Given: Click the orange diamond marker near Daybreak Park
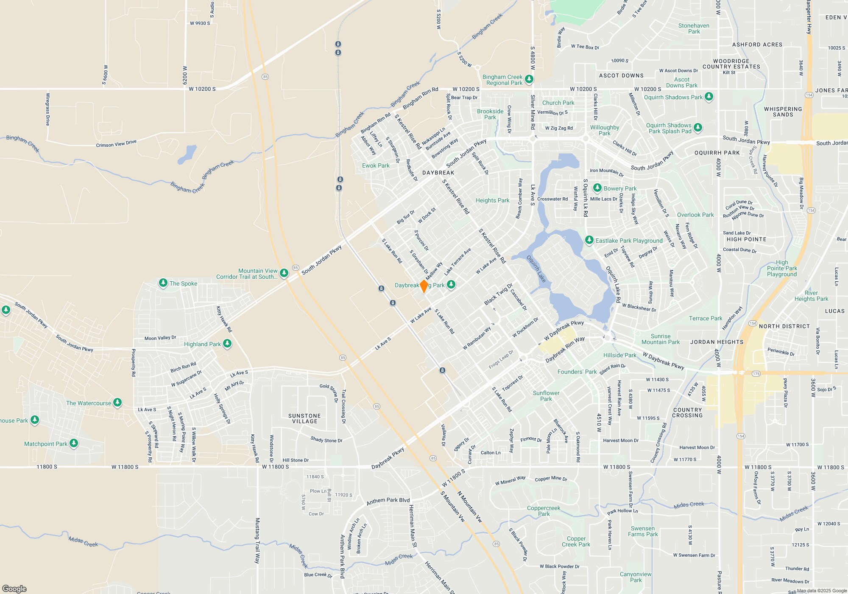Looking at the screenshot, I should coord(424,286).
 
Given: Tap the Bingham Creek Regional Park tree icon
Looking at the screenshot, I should coord(529,79).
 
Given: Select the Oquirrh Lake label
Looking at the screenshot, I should coord(536,269).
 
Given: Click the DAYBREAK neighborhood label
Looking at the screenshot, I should coord(438,173).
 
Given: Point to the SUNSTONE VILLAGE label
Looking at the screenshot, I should coord(304,418).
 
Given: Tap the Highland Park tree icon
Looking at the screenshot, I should coord(227,343).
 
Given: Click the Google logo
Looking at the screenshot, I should coord(14,588).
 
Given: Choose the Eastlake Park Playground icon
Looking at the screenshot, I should coord(589,240).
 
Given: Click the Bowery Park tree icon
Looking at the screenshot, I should coord(597,188).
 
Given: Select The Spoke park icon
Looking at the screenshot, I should coord(163,283).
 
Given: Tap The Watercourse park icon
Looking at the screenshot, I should coord(117,402).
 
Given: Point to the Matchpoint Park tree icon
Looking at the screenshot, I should coord(74,443).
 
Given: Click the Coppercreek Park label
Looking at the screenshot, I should coord(544,511).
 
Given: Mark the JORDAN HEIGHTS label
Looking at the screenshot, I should coord(717,342).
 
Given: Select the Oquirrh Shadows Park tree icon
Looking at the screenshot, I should coord(709,97).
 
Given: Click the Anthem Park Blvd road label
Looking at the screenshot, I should coord(388,501).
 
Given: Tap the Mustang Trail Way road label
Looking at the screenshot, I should coord(257,540).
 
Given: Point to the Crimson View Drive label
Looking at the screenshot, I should coord(116,143).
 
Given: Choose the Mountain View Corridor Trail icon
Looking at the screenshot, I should coord(284,273).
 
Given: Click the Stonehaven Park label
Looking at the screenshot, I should coord(694,28).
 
